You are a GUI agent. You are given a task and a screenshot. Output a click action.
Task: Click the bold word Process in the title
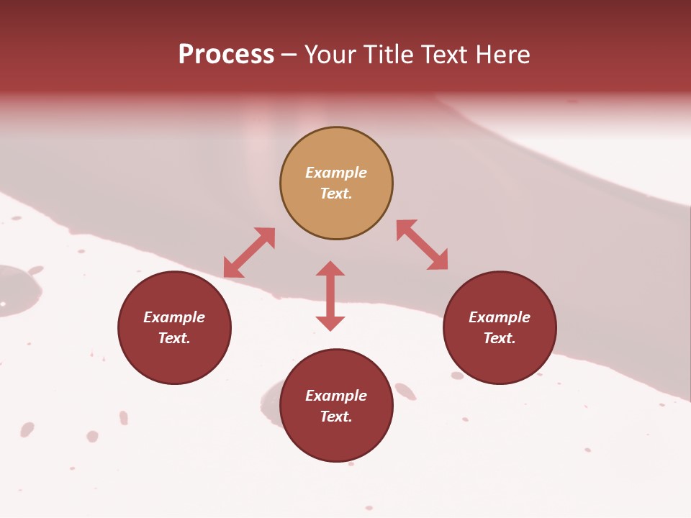coord(226,55)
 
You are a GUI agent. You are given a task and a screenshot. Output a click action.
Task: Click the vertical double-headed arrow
coord(330,296)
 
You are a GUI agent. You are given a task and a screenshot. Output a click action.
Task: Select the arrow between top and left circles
coord(249,253)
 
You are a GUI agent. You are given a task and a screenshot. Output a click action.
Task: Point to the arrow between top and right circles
coord(423,245)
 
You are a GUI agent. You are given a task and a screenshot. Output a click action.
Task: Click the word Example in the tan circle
coord(336,173)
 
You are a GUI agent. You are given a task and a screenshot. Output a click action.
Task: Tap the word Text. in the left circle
coord(174,338)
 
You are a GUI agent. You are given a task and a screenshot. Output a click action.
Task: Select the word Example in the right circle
coord(500,317)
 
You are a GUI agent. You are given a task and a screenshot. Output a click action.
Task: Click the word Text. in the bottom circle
coord(336,417)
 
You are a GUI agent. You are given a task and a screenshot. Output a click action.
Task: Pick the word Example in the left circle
coord(174,317)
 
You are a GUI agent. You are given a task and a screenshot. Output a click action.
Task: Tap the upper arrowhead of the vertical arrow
coord(330,269)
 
